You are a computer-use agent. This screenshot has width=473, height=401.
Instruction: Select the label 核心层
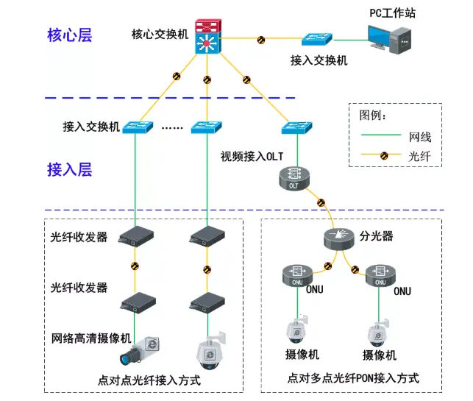pos(70,35)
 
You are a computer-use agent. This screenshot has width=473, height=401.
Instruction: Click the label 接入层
pos(70,170)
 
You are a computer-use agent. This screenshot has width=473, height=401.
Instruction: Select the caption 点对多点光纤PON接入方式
pos(355,378)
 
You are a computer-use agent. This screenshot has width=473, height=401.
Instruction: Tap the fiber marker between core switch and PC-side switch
pos(261,39)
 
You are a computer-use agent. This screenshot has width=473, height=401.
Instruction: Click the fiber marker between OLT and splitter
pos(320,203)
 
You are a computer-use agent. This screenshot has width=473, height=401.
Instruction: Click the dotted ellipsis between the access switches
pos(171,128)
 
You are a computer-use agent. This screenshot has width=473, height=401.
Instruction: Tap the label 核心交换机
pos(160,34)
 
